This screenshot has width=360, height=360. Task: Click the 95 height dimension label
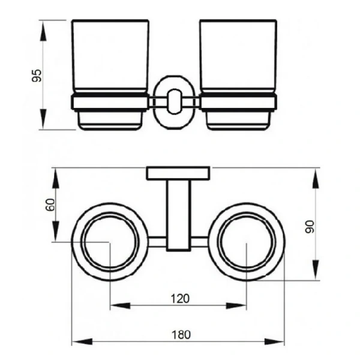pos(37,76)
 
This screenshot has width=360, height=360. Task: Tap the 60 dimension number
pos(50,205)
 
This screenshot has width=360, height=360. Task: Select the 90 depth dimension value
pos(310,227)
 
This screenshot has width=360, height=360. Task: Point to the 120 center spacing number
pos(180,299)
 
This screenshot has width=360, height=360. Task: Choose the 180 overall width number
pos(181,335)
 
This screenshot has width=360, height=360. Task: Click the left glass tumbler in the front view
pos(110,56)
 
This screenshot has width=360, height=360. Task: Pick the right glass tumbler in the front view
pos(238,56)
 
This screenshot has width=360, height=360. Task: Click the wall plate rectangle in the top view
pos(178,173)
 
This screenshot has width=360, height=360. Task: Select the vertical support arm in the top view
pos(179,215)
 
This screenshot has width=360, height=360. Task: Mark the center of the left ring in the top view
pos(110,242)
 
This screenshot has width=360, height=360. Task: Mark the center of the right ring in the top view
pos(247,242)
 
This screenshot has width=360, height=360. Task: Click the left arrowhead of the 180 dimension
pos(82,341)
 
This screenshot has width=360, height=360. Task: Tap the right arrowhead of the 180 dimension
pos(274,341)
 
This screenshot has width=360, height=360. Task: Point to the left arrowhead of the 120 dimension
pos(121,306)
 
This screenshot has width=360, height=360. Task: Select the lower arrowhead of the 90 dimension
pos(316,269)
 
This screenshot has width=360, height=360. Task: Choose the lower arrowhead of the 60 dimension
pos(56,232)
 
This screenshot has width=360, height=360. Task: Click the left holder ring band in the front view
pos(110,102)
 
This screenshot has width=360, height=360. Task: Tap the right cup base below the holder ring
pos(238,121)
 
